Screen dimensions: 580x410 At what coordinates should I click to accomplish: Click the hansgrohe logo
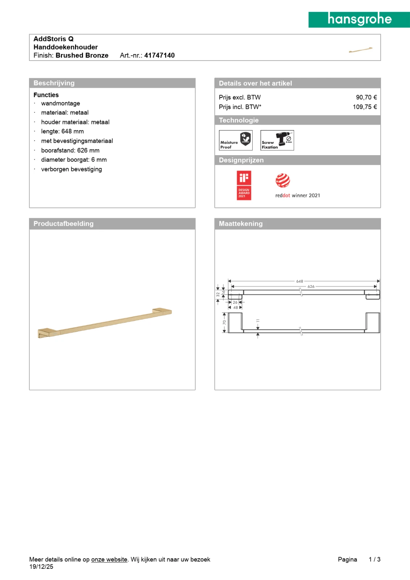click(359, 20)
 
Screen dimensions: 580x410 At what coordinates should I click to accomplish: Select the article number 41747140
click(160, 55)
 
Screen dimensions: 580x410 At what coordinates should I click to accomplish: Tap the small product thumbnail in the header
click(360, 50)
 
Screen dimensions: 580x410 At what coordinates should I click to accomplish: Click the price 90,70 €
click(366, 98)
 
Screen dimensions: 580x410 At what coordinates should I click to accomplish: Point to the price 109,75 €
click(365, 107)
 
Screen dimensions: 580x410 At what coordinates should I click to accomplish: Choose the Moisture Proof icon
click(236, 140)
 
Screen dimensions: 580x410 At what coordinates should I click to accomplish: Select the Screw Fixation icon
click(277, 140)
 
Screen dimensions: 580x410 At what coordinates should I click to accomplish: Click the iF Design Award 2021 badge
click(244, 185)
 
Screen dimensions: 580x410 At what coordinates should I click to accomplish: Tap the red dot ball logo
click(283, 181)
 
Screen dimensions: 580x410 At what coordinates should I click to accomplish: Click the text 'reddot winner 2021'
click(298, 196)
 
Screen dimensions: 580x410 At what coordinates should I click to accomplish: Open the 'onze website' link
click(109, 559)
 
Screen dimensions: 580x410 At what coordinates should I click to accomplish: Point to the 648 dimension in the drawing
click(299, 281)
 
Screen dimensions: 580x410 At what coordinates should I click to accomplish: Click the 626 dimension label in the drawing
click(311, 286)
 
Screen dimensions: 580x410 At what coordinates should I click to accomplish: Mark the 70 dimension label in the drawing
click(224, 322)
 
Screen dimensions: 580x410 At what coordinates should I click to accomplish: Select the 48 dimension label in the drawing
click(236, 308)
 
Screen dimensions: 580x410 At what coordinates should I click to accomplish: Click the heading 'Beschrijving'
click(54, 83)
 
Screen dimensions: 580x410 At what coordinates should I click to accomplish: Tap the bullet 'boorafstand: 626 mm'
click(70, 150)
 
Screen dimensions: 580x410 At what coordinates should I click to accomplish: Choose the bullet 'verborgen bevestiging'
click(71, 169)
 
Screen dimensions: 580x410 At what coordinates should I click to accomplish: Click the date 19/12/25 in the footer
click(41, 567)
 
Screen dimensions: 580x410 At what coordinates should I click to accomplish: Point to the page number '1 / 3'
click(374, 559)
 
